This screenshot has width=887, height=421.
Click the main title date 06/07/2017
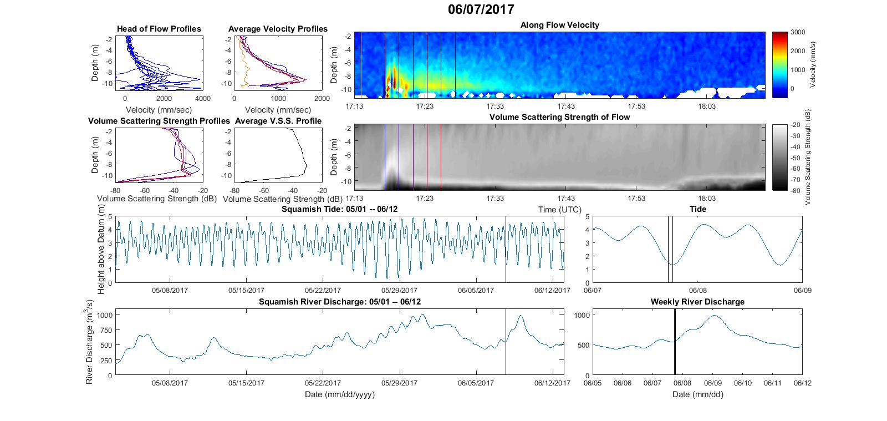pyautogui.click(x=481, y=9)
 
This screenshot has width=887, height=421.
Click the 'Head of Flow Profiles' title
pyautogui.click(x=159, y=29)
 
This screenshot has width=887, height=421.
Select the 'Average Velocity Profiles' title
pyautogui.click(x=278, y=29)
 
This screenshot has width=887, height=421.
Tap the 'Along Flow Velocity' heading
pyautogui.click(x=559, y=25)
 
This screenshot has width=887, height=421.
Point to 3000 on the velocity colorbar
pyautogui.click(x=798, y=32)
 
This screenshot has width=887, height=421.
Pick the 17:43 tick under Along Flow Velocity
pyautogui.click(x=566, y=106)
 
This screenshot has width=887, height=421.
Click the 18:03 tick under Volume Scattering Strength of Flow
pyautogui.click(x=707, y=198)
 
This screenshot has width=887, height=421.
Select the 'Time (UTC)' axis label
pyautogui.click(x=559, y=210)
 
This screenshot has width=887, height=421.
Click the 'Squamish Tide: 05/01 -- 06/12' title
pyautogui.click(x=339, y=209)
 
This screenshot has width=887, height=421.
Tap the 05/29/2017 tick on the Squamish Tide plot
pyautogui.click(x=399, y=290)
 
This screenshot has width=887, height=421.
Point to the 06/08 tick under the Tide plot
pyautogui.click(x=698, y=290)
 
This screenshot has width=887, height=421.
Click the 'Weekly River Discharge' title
pyautogui.click(x=697, y=302)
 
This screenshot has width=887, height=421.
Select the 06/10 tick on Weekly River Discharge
pyautogui.click(x=742, y=383)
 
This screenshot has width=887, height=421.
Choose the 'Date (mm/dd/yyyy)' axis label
pyautogui.click(x=339, y=394)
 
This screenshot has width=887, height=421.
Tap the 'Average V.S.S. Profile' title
pyautogui.click(x=278, y=121)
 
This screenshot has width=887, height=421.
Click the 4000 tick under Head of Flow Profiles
pyautogui.click(x=203, y=98)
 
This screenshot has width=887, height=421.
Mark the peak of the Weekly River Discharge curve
pyautogui.click(x=715, y=315)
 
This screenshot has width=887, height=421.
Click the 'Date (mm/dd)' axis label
pyautogui.click(x=698, y=394)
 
